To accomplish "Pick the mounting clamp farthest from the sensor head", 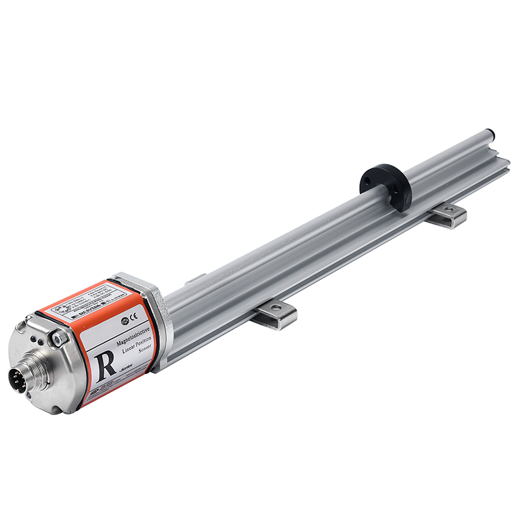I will click(448, 216).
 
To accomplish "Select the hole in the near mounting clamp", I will click(277, 309).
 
